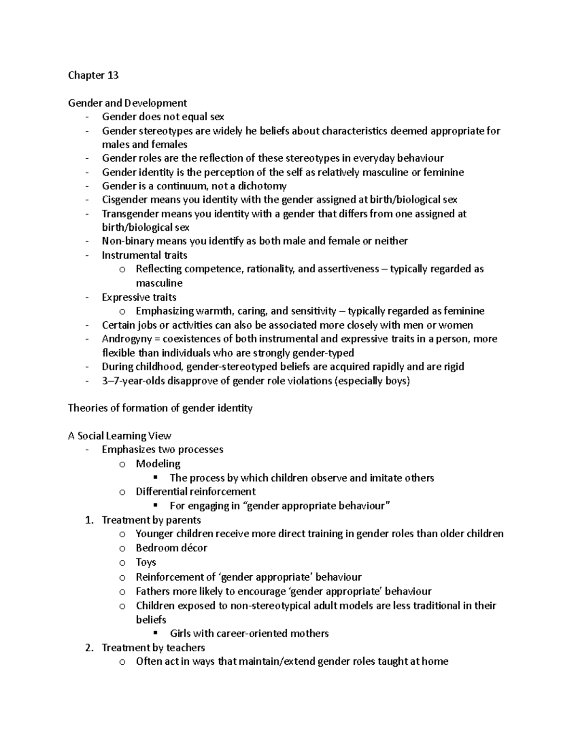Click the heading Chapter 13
point(93,75)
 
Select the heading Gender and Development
point(127,103)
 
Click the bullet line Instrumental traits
point(144,255)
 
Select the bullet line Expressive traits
point(139,297)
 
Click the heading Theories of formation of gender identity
point(160,408)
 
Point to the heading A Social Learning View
point(119,436)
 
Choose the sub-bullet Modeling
point(158,464)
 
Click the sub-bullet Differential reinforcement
point(196,492)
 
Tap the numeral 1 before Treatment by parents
point(88,520)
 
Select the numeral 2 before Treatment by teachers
point(88,648)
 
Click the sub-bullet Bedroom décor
point(171,548)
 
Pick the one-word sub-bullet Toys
point(146,562)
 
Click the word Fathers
point(153,591)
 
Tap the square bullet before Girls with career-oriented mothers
point(155,633)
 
